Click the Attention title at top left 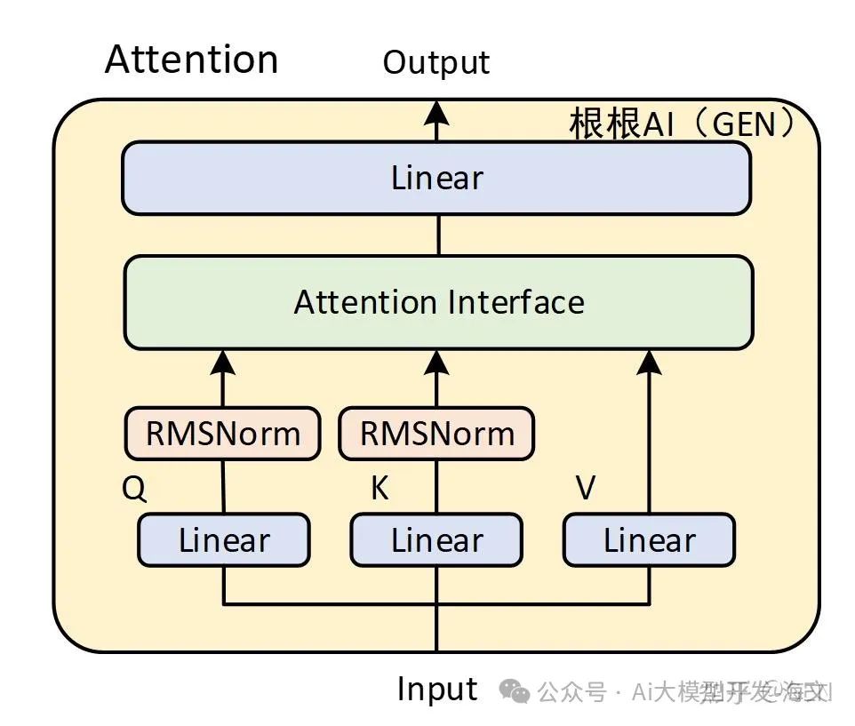(x=191, y=60)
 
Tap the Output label (x=435, y=62)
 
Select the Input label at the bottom (x=436, y=689)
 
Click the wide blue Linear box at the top (x=436, y=178)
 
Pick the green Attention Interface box (x=438, y=302)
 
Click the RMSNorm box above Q (x=222, y=434)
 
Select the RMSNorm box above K (x=436, y=434)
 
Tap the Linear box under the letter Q (x=223, y=540)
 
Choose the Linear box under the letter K (x=436, y=540)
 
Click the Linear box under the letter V (x=649, y=540)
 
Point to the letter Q (x=133, y=489)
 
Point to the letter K (x=380, y=489)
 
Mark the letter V (x=586, y=489)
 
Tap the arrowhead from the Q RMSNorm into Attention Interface (x=222, y=361)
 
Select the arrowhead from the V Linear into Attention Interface (x=650, y=361)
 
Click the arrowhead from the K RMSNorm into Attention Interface (x=436, y=361)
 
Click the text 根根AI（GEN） (x=682, y=124)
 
